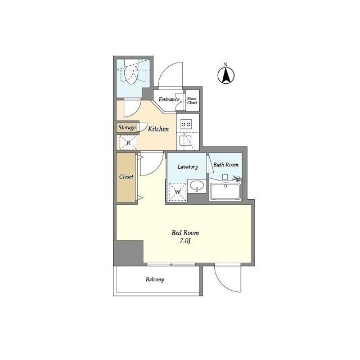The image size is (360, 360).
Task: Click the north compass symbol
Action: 226,75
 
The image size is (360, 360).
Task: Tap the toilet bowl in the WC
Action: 131,74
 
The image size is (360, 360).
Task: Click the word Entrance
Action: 169,100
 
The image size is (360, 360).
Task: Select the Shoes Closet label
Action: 192,101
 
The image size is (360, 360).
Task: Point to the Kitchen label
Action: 158,129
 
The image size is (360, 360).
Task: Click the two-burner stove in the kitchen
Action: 186,124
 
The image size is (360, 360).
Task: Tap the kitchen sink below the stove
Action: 186,141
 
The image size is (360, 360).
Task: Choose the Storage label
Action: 127,128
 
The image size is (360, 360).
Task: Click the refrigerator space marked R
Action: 128,143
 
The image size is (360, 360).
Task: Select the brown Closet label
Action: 126,177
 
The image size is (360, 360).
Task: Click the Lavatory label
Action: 187,166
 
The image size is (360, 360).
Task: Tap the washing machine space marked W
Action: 178,192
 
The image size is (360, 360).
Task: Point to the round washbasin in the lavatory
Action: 197,185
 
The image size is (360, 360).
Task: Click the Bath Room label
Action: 226,165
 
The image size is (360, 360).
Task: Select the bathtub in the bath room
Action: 226,191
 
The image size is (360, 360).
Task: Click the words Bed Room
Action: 185,233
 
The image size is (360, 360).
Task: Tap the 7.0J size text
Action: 185,241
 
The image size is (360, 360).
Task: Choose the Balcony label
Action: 155,280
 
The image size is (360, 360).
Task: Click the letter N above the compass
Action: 226,65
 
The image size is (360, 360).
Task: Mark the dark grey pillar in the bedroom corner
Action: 129,253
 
